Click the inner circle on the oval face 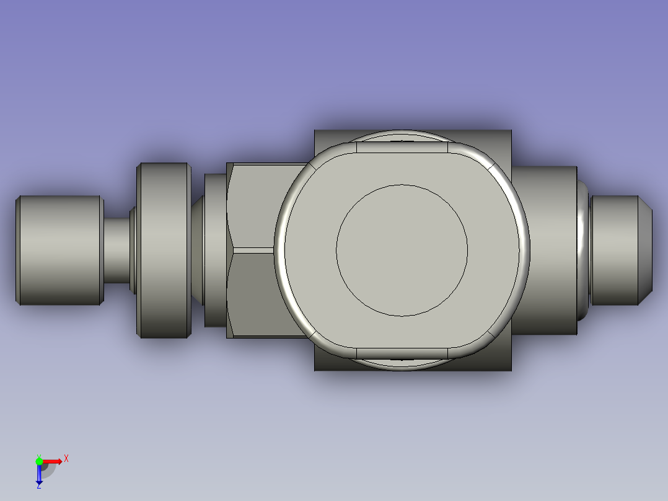pyautogui.click(x=402, y=250)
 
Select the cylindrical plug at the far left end pyautogui.click(x=59, y=250)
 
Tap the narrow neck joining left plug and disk pyautogui.click(x=116, y=250)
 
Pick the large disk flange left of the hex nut pyautogui.click(x=164, y=250)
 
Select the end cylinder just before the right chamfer pyautogui.click(x=615, y=250)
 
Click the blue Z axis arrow pyautogui.click(x=39, y=474)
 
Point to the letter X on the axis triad pyautogui.click(x=66, y=459)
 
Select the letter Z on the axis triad pyautogui.click(x=38, y=486)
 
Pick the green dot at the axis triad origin pyautogui.click(x=39, y=461)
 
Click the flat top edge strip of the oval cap pyautogui.click(x=402, y=147)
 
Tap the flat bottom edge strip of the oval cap pyautogui.click(x=402, y=353)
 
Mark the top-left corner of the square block pyautogui.click(x=315, y=131)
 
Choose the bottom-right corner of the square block pyautogui.click(x=511, y=370)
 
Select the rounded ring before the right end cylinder pyautogui.click(x=584, y=250)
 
